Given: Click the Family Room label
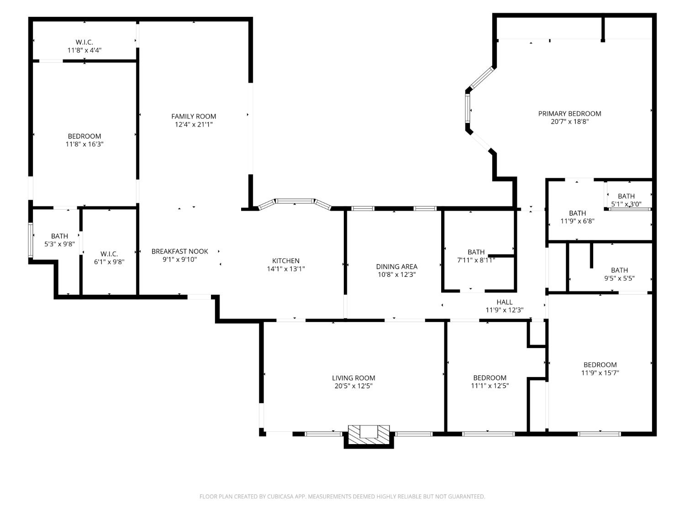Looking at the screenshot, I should tap(194, 117).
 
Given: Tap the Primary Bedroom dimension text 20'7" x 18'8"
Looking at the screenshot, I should tap(569, 122).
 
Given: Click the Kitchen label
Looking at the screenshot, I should tap(286, 261).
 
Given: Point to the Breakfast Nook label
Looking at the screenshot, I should tap(179, 251).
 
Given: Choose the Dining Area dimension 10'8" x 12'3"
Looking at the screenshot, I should tap(396, 275).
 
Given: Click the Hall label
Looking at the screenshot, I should tap(504, 302).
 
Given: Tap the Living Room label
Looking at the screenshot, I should tap(353, 378).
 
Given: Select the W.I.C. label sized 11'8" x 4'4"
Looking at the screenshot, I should tap(84, 42).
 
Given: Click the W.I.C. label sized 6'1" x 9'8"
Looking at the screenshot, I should tap(109, 254).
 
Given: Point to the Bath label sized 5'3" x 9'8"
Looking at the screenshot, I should tap(59, 236).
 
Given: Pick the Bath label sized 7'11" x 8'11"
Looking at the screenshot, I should tap(476, 252).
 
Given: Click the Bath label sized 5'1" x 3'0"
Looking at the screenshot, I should tap(626, 196).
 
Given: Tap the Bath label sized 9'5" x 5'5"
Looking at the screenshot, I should tap(619, 270).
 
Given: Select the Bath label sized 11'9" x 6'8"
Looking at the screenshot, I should tap(577, 213).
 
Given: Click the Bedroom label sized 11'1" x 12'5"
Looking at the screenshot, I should tap(490, 378).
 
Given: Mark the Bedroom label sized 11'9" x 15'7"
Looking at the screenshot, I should tap(600, 365).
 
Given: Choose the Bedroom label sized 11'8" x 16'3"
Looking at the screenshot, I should tap(84, 136).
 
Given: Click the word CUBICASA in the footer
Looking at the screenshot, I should tap(279, 497).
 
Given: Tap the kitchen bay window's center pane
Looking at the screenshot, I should tap(295, 201).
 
